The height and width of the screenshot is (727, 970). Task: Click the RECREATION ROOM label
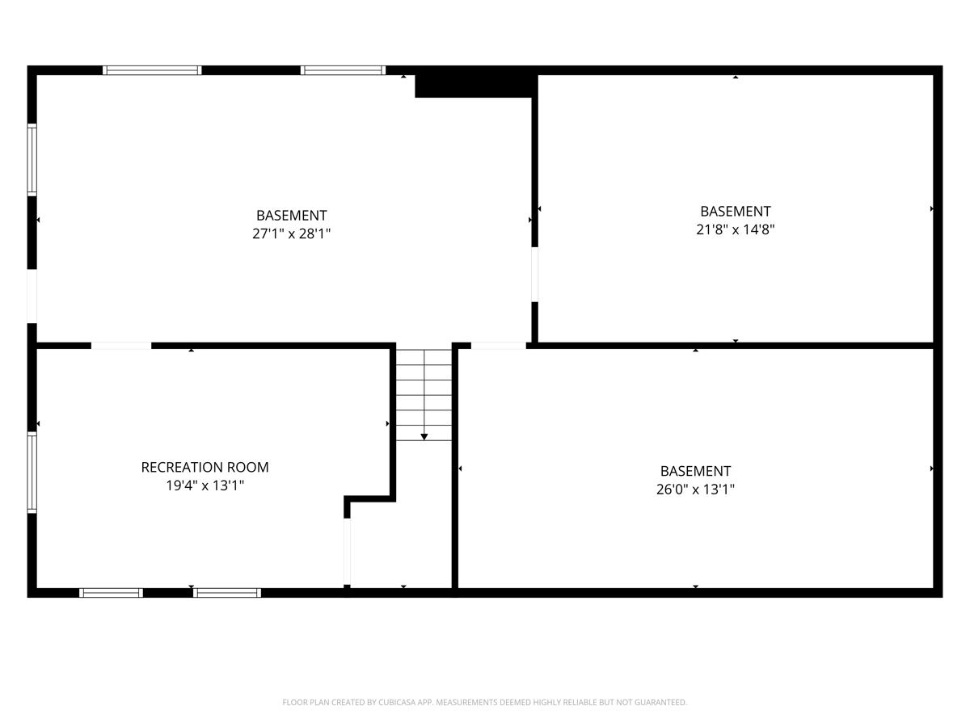pyautogui.click(x=205, y=467)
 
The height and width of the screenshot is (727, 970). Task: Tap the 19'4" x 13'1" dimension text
pyautogui.click(x=205, y=485)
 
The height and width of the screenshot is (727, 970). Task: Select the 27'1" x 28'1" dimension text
pyautogui.click(x=291, y=233)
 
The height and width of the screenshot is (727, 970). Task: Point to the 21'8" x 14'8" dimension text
pyautogui.click(x=736, y=229)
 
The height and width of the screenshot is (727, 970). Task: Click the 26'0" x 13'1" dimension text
pyautogui.click(x=695, y=490)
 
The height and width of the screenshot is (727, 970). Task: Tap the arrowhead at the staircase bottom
pyautogui.click(x=424, y=437)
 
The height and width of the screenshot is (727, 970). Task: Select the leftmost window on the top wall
pyautogui.click(x=153, y=70)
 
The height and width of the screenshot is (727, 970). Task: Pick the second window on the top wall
pyautogui.click(x=343, y=70)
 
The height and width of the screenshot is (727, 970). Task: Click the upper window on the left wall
pyautogui.click(x=32, y=160)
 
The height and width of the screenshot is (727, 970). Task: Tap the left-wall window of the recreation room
pyautogui.click(x=32, y=473)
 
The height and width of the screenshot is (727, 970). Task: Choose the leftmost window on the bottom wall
pyautogui.click(x=111, y=593)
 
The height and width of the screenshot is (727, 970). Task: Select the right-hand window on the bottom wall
pyautogui.click(x=227, y=593)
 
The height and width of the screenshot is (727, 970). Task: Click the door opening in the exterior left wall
pyautogui.click(x=32, y=296)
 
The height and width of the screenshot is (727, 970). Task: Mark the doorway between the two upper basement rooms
pyautogui.click(x=535, y=275)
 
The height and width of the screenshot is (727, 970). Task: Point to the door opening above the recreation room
pyautogui.click(x=121, y=346)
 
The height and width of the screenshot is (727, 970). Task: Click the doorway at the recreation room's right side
pyautogui.click(x=348, y=552)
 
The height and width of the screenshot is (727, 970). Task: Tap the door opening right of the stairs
pyautogui.click(x=499, y=346)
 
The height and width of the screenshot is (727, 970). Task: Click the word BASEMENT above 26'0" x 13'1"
pyautogui.click(x=695, y=471)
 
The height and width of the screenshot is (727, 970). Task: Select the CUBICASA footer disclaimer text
pyautogui.click(x=485, y=702)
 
